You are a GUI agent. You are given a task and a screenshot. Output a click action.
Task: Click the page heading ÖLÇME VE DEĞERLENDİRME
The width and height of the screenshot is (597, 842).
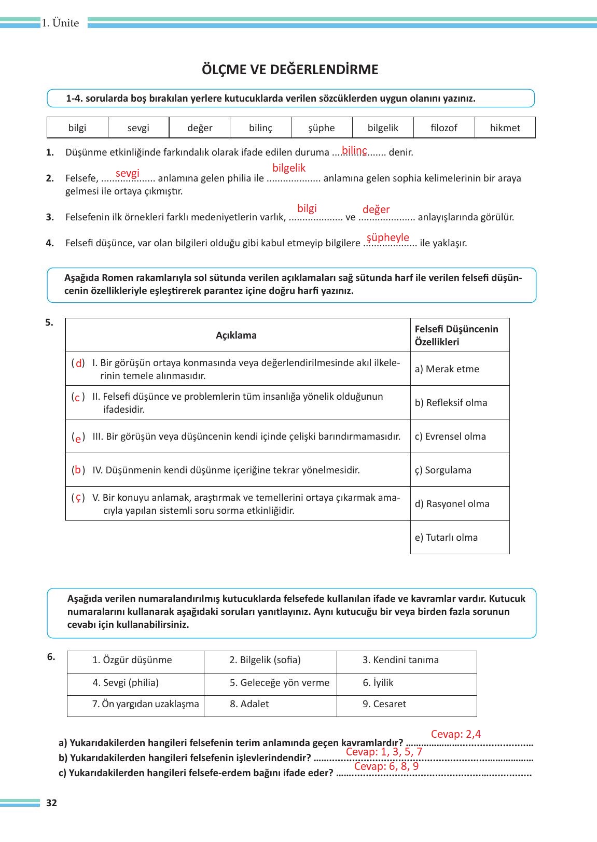(290, 69)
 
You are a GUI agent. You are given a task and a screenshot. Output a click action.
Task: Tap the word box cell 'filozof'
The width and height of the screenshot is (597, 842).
(444, 128)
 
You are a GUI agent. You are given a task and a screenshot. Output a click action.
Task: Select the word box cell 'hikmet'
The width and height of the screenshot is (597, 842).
(505, 128)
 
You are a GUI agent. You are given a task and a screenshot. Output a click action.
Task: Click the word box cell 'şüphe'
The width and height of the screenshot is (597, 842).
(322, 128)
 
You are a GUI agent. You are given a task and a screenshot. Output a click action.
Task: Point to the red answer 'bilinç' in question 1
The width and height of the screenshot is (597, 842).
(354, 150)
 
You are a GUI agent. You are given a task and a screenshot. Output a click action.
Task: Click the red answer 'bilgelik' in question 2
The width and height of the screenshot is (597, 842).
(289, 168)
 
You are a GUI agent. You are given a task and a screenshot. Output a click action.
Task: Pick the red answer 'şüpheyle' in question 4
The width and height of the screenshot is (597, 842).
(388, 237)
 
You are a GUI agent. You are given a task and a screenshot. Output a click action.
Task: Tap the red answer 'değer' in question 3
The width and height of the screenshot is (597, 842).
(376, 209)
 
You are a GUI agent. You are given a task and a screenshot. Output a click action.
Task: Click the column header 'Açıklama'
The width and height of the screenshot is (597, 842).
(236, 335)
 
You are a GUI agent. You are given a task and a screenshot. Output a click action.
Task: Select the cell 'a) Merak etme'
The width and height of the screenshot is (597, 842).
(447, 369)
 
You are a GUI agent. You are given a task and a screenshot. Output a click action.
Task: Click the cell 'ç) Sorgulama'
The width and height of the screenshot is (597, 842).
(443, 470)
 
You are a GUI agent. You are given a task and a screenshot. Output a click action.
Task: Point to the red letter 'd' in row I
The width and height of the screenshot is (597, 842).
(79, 363)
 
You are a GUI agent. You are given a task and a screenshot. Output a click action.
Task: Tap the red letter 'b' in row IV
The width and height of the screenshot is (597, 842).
(78, 470)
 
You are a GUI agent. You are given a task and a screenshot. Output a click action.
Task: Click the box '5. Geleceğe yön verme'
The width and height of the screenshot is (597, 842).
(280, 683)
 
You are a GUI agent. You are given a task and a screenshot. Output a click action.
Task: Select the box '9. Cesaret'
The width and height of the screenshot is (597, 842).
(384, 704)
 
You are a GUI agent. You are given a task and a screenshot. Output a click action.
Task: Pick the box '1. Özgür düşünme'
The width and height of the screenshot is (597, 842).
(132, 660)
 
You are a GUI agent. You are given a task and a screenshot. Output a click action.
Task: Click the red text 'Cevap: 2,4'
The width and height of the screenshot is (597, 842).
(456, 734)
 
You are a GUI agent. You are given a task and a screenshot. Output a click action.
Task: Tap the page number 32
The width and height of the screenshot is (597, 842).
(51, 804)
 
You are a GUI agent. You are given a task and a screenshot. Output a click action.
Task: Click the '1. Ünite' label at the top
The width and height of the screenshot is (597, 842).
(61, 23)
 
